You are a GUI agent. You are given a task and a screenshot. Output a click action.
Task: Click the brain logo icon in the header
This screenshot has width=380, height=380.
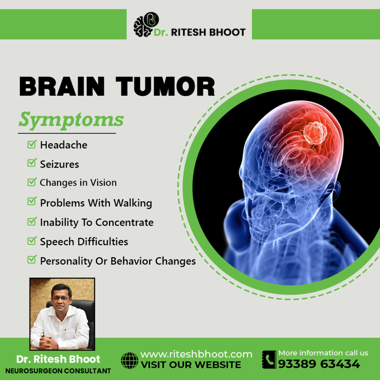tap(146, 24)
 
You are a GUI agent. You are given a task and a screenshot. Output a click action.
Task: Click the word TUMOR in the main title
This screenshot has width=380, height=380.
tap(165, 86)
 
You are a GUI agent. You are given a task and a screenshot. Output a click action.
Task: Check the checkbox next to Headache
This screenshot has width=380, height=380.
tap(32, 144)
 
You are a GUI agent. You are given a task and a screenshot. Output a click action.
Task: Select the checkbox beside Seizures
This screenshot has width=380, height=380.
tap(32, 163)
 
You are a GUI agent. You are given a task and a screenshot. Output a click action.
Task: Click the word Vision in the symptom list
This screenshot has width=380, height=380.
tap(104, 183)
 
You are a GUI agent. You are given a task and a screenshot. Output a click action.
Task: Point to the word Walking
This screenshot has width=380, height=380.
tap(133, 203)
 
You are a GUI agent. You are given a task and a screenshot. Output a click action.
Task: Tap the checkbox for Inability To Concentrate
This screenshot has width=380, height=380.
tap(32, 221)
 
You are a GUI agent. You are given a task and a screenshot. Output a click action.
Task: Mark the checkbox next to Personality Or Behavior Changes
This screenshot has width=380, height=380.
tap(32, 259)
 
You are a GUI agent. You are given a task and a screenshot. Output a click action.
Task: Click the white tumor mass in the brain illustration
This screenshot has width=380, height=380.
tap(315, 133)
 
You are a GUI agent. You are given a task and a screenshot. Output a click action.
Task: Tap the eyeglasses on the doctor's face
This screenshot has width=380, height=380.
tap(61, 299)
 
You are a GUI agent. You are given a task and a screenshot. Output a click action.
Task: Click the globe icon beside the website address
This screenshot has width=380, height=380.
tap(130, 360)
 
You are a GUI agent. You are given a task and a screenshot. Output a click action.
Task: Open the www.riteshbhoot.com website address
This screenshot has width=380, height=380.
tap(196, 354)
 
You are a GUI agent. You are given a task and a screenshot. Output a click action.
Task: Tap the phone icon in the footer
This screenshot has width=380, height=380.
tap(269, 360)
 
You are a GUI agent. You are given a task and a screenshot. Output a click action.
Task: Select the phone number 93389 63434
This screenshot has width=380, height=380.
tap(319, 364)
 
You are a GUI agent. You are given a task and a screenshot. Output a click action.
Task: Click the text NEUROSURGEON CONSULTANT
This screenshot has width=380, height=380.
tap(58, 371)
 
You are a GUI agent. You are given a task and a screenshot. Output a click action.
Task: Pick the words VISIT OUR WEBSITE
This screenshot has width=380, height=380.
tap(191, 365)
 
